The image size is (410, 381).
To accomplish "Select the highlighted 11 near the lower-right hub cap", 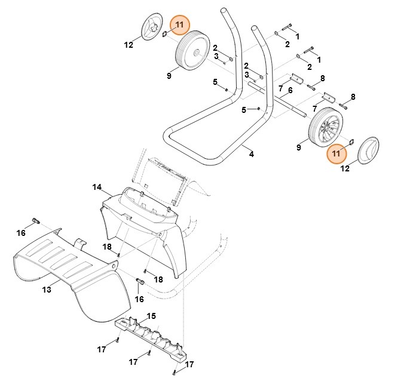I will (x=336, y=154).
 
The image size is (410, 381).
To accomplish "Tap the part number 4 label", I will (x=252, y=155).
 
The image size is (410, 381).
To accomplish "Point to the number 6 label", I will (x=290, y=91).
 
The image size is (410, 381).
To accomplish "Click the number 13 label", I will (x=47, y=290).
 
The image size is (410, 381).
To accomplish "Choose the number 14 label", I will (x=97, y=187).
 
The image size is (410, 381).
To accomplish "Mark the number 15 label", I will (x=151, y=315).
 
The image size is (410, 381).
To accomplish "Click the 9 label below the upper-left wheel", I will (x=169, y=76).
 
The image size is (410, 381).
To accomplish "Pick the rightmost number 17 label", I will (x=189, y=364).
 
